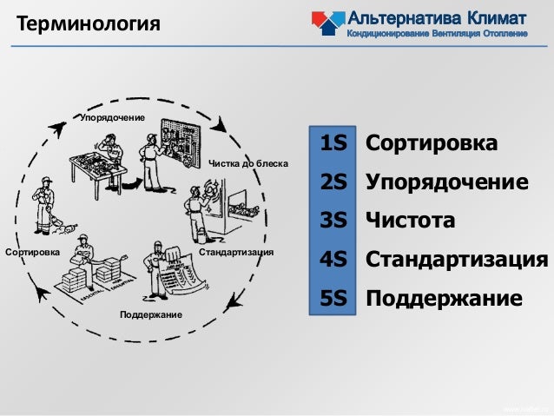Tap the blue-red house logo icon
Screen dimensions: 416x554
(x=326, y=22)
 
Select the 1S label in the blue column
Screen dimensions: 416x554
(x=333, y=143)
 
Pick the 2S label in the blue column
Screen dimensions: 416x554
(x=333, y=182)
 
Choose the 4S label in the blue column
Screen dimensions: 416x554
(x=333, y=260)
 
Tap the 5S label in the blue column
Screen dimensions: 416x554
(x=333, y=299)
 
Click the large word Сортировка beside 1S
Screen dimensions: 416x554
(x=432, y=143)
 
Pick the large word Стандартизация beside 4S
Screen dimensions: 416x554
(x=457, y=260)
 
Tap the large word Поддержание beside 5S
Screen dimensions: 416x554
(x=444, y=299)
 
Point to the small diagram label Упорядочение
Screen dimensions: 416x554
(x=112, y=117)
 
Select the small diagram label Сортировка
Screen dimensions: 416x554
(x=32, y=253)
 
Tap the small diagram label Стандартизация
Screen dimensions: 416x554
(x=237, y=253)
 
